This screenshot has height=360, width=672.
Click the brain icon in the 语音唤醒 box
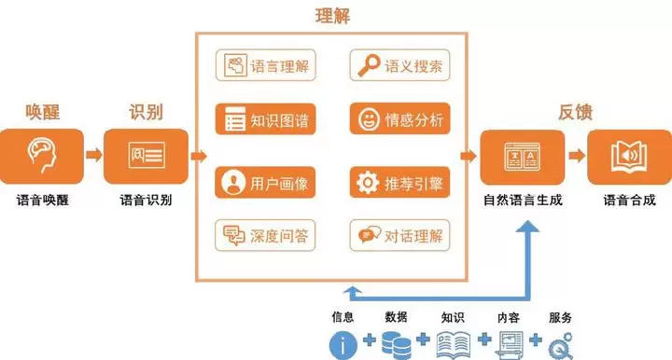[x=42, y=154]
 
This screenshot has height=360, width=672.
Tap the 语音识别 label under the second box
[x=146, y=200]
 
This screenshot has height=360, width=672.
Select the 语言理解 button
[x=266, y=65]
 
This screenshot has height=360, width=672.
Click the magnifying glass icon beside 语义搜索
[x=369, y=65]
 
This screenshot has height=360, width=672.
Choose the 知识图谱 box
[x=266, y=119]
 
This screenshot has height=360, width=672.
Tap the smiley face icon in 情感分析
[x=369, y=119]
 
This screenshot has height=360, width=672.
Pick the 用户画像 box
[x=265, y=183]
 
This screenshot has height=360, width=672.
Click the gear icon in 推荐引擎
[x=368, y=183]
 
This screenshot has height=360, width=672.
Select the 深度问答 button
[x=265, y=235]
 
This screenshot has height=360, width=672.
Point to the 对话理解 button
[x=399, y=235]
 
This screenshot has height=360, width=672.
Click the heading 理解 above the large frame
[x=332, y=16]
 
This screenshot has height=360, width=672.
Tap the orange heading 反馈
[x=575, y=112]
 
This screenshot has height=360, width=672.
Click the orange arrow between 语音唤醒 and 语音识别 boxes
[x=94, y=154]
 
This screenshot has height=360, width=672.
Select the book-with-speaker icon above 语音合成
[x=629, y=157]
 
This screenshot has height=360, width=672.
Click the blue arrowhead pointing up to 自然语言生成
[x=527, y=227]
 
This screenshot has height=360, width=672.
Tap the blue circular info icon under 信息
[x=343, y=345]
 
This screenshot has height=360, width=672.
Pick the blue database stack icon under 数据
[x=397, y=344]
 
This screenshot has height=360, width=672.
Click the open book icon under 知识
[x=454, y=344]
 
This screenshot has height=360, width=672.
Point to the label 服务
[x=560, y=317]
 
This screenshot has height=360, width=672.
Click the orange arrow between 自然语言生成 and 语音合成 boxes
[x=577, y=155]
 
